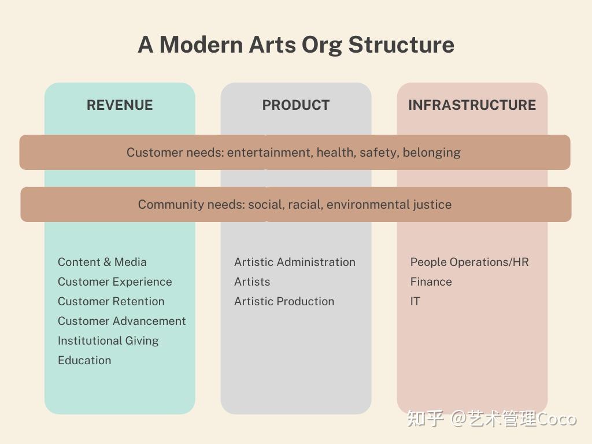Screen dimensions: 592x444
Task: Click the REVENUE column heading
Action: pos(120,105)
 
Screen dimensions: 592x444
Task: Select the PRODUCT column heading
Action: pos(296,105)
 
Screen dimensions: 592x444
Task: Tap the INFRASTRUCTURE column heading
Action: pos(472,105)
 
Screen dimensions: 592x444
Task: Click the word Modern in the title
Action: pos(201,45)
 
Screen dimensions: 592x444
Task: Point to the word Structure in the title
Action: pos(401,45)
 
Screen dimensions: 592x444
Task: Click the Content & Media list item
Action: pos(102,262)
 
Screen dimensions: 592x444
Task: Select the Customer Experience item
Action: pos(115,282)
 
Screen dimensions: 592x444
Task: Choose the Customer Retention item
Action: pos(111,301)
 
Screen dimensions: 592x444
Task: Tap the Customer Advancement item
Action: pos(121,321)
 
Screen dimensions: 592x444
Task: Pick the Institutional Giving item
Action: pos(108,341)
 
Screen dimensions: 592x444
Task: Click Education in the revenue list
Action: pos(84,360)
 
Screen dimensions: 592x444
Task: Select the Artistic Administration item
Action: pos(294,262)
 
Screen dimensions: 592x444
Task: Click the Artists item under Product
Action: pos(252,282)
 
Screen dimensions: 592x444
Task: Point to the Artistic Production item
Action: pos(284,301)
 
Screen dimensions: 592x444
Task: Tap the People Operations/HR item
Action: pos(469,262)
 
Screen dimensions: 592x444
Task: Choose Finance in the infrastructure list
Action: pos(431,282)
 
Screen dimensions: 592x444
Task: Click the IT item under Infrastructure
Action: pos(415,301)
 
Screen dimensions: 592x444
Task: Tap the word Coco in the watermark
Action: pos(557,419)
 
